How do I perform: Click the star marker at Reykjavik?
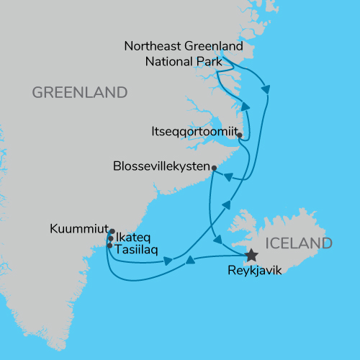tap(251, 255)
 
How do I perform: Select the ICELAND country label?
tap(299, 243)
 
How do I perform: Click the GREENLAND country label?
tap(79, 93)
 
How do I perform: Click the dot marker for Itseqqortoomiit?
tap(238, 134)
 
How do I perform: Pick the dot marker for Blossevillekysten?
tap(214, 168)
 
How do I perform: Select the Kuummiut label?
tap(79, 230)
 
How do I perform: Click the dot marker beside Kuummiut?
tap(112, 232)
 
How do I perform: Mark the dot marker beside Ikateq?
tap(109, 238)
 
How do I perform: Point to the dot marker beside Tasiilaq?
tap(109, 246)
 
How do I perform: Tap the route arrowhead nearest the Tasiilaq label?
tap(168, 261)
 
